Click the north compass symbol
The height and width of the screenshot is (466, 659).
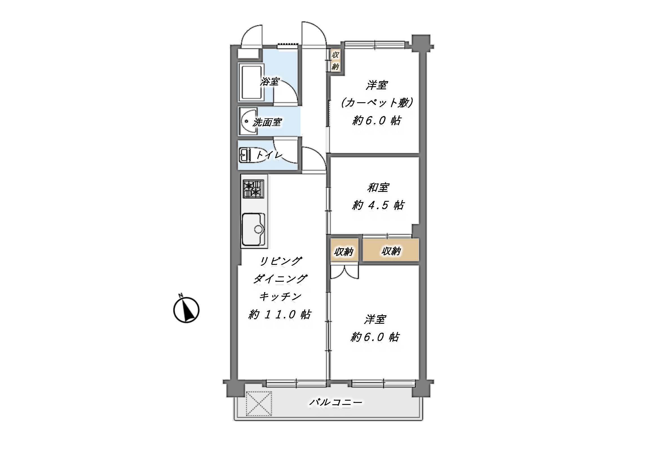(x=186, y=309)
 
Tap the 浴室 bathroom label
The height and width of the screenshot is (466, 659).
(x=270, y=81)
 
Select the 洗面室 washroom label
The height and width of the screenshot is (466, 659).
(x=267, y=122)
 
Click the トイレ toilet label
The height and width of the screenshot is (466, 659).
(x=269, y=155)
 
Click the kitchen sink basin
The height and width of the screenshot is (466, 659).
(x=253, y=230)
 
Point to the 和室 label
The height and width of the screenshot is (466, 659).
(x=378, y=188)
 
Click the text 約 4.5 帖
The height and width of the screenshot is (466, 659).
(x=378, y=205)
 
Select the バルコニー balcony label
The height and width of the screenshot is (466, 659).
(x=335, y=402)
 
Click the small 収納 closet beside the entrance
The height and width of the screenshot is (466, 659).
(x=335, y=61)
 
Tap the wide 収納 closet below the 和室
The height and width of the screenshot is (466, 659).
(x=391, y=250)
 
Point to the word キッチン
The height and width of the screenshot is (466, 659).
(x=280, y=296)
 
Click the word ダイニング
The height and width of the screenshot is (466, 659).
(x=280, y=279)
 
